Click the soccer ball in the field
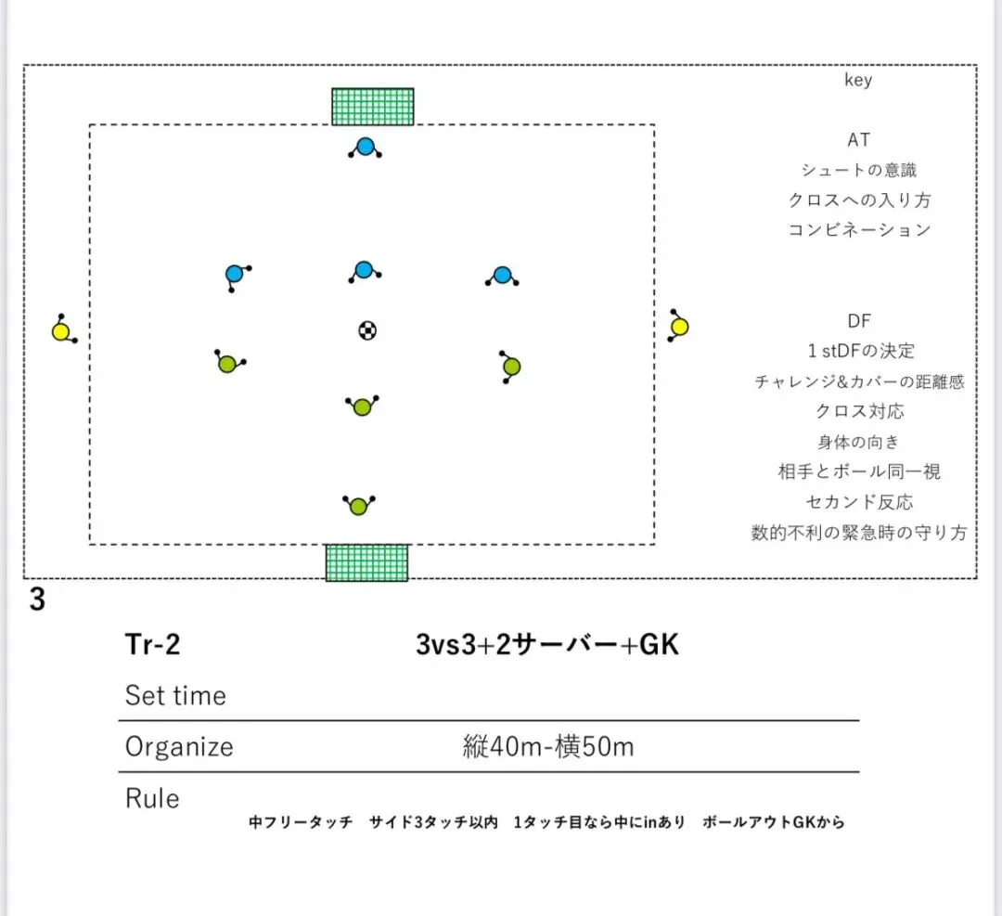368,329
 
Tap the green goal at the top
373,106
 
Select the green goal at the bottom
366,562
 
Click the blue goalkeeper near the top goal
366,147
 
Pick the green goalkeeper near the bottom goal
359,506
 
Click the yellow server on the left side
61,331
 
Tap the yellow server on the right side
679,327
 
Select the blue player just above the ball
364,270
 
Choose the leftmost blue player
235,274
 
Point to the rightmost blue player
502,276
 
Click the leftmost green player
227,364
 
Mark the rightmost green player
511,367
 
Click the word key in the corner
858,81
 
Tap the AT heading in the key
859,140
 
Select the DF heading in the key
859,321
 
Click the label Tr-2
152,645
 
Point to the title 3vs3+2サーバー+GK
547,645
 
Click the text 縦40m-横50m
548,747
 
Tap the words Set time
175,696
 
